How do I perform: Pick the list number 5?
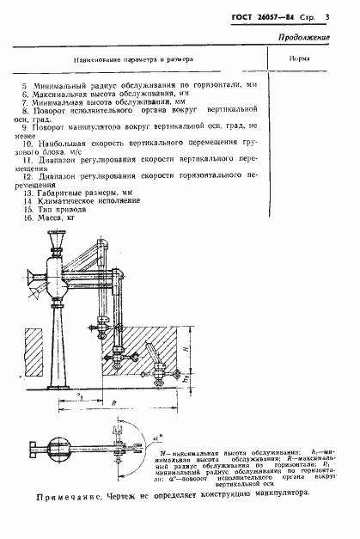pyautogui.click(x=25, y=86)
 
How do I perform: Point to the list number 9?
pyautogui.click(x=25, y=126)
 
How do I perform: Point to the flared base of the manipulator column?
pyautogui.click(x=65, y=375)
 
